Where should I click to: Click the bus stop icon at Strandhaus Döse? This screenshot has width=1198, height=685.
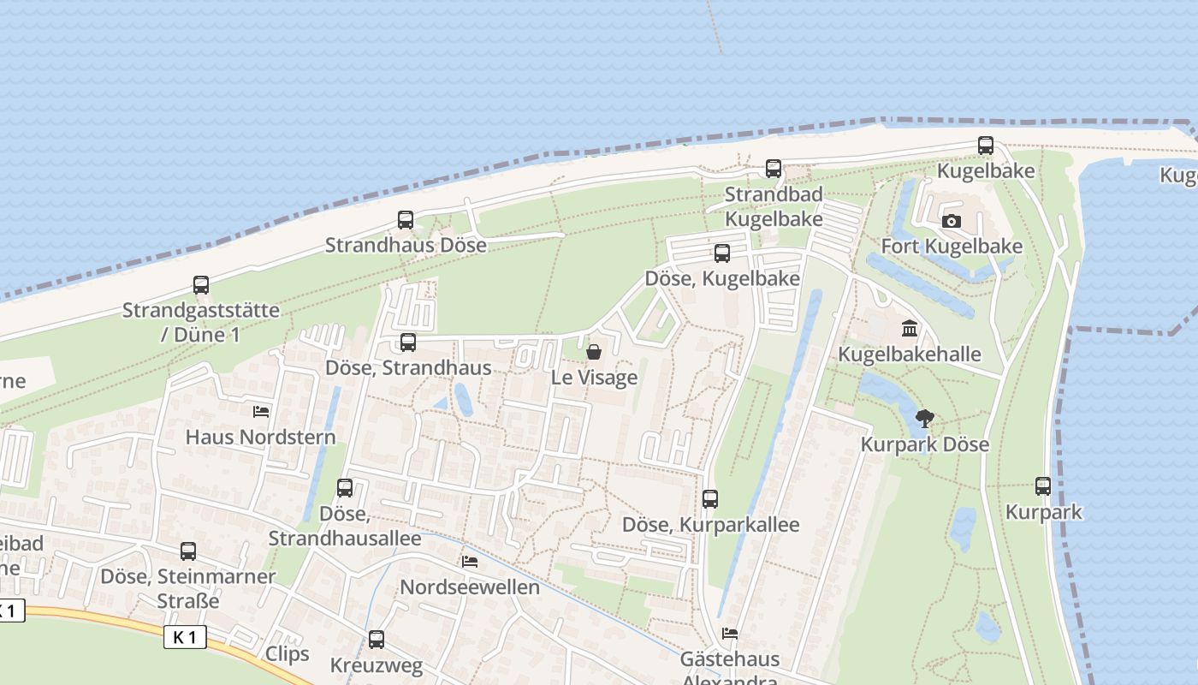click(x=406, y=220)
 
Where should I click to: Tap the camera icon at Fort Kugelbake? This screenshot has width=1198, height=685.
click(x=951, y=222)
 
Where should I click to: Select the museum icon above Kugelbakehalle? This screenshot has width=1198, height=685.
click(x=910, y=329)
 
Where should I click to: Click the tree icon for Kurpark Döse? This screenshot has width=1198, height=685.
click(x=924, y=419)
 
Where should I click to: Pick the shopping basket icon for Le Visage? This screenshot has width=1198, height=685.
click(x=594, y=352)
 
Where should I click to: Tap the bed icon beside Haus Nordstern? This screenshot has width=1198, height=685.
click(x=261, y=412)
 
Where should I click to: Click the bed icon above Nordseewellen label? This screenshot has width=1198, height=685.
click(x=470, y=562)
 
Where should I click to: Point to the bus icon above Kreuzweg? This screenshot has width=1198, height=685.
click(x=376, y=640)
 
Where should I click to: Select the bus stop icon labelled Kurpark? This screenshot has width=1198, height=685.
click(x=1043, y=486)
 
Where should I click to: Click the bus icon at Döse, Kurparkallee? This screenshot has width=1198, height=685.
click(x=710, y=499)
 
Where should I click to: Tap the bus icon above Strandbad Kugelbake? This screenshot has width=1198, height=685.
click(x=774, y=169)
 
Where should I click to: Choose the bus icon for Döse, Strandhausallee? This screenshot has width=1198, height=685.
click(x=345, y=488)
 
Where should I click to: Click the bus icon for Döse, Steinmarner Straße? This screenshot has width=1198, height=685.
click(x=188, y=551)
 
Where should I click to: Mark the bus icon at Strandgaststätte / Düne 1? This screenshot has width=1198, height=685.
click(x=201, y=285)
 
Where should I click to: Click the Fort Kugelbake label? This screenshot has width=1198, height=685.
click(x=952, y=247)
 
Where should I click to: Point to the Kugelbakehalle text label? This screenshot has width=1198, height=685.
click(x=910, y=354)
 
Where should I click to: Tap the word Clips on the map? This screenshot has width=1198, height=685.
click(x=287, y=654)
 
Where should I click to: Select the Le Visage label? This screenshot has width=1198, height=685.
click(x=594, y=378)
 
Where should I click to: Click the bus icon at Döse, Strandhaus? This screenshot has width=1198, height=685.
click(x=408, y=342)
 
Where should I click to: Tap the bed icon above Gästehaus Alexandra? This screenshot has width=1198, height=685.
click(x=730, y=634)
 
